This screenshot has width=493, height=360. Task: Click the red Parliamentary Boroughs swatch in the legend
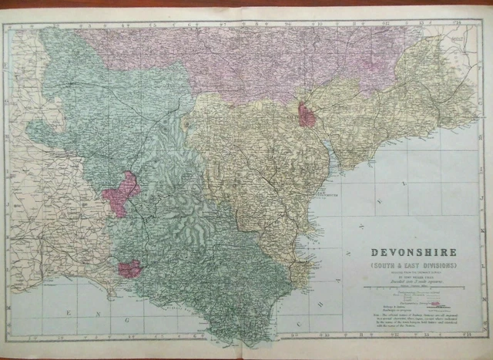coord(436,303)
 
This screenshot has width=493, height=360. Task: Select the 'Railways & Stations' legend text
coord(385,308)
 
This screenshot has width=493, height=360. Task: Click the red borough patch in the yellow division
coord(307,116)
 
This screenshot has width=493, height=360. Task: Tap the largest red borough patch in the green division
coord(121,193)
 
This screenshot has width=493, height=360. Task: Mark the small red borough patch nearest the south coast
coord(129,268)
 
